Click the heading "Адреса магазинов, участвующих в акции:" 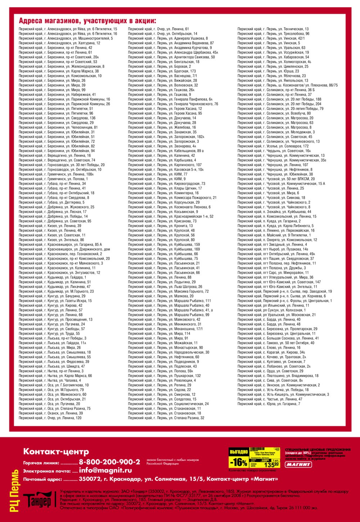(87, 21)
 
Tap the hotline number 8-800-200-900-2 (109, 462)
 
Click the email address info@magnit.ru (105, 470)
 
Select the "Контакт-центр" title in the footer (56, 451)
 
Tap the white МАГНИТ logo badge (298, 464)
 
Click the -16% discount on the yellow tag (239, 462)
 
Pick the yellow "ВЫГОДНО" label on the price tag (239, 451)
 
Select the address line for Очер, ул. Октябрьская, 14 (162, 34)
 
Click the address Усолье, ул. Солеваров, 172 (273, 146)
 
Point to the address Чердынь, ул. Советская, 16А (274, 151)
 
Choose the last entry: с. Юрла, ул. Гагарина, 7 (269, 404)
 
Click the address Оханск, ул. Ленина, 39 (51, 413)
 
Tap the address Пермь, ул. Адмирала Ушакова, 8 (168, 38)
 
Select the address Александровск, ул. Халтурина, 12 (59, 43)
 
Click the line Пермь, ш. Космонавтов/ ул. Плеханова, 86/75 (287, 85)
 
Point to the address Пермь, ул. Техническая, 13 (273, 29)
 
